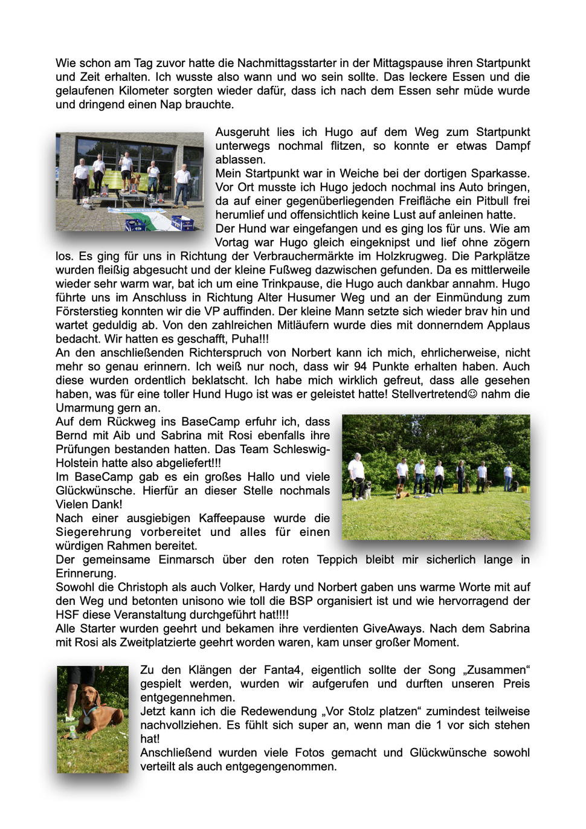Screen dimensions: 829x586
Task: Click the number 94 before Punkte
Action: tap(360, 367)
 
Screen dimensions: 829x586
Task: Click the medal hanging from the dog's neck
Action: tap(87, 720)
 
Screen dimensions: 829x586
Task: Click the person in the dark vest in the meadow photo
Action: tap(461, 475)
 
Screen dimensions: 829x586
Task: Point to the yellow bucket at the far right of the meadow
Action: tap(524, 487)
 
